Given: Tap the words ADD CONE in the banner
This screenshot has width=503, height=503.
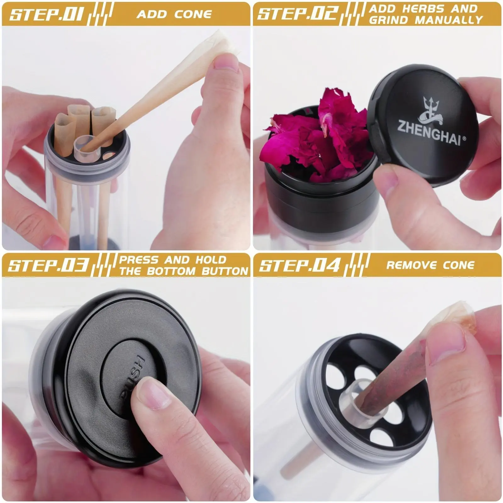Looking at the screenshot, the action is [174, 14].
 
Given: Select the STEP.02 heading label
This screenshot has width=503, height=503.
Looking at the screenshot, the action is [298, 14].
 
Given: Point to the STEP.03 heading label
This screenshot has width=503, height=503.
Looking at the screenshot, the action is [47, 265].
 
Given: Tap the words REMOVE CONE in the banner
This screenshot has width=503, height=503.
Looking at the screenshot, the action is [430, 265].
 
